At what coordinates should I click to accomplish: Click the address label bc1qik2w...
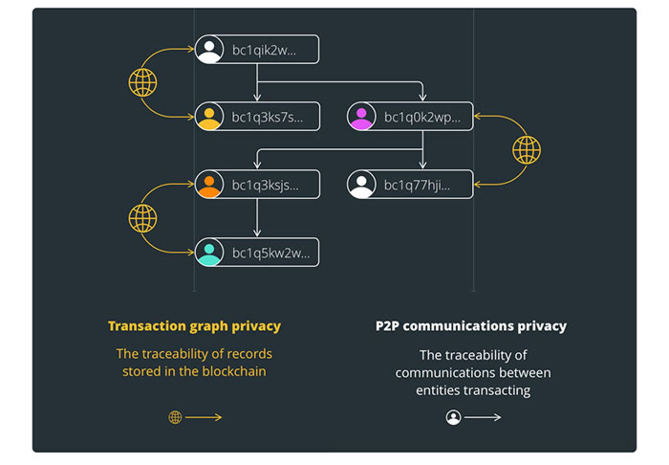(264, 50)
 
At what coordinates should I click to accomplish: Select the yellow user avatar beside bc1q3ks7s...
(209, 117)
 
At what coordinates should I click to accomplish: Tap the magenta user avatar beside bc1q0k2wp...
(361, 117)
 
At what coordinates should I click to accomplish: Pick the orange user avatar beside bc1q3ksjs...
(209, 185)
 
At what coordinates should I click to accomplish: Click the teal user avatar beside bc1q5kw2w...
(209, 253)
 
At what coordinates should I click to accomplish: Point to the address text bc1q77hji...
(417, 185)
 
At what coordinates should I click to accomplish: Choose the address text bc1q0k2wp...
(422, 117)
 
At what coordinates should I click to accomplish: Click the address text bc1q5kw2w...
(271, 253)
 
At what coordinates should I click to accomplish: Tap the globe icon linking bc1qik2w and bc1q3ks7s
(143, 83)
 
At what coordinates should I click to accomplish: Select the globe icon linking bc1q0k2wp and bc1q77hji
(526, 150)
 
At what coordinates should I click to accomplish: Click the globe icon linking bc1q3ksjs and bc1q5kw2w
(143, 219)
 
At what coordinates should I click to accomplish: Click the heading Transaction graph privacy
(194, 326)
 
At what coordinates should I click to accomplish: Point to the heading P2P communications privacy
(471, 326)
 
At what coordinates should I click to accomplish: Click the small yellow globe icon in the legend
(175, 417)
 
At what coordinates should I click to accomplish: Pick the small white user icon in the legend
(453, 417)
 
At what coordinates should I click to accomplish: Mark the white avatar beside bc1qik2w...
(209, 50)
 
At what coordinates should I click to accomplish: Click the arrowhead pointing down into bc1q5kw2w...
(257, 233)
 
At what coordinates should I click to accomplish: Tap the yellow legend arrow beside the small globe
(203, 417)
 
